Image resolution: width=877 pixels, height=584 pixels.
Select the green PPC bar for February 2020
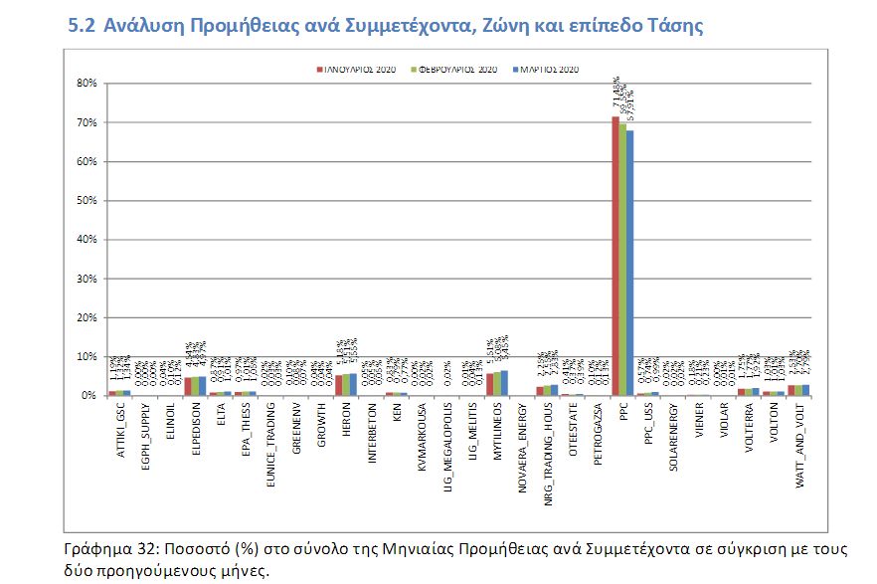pyautogui.click(x=622, y=259)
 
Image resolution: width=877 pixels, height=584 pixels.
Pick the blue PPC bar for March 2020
pyautogui.click(x=629, y=263)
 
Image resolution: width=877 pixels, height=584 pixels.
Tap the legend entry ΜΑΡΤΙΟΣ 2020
pyautogui.click(x=547, y=70)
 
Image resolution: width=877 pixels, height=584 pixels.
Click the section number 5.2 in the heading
pyautogui.click(x=81, y=27)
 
